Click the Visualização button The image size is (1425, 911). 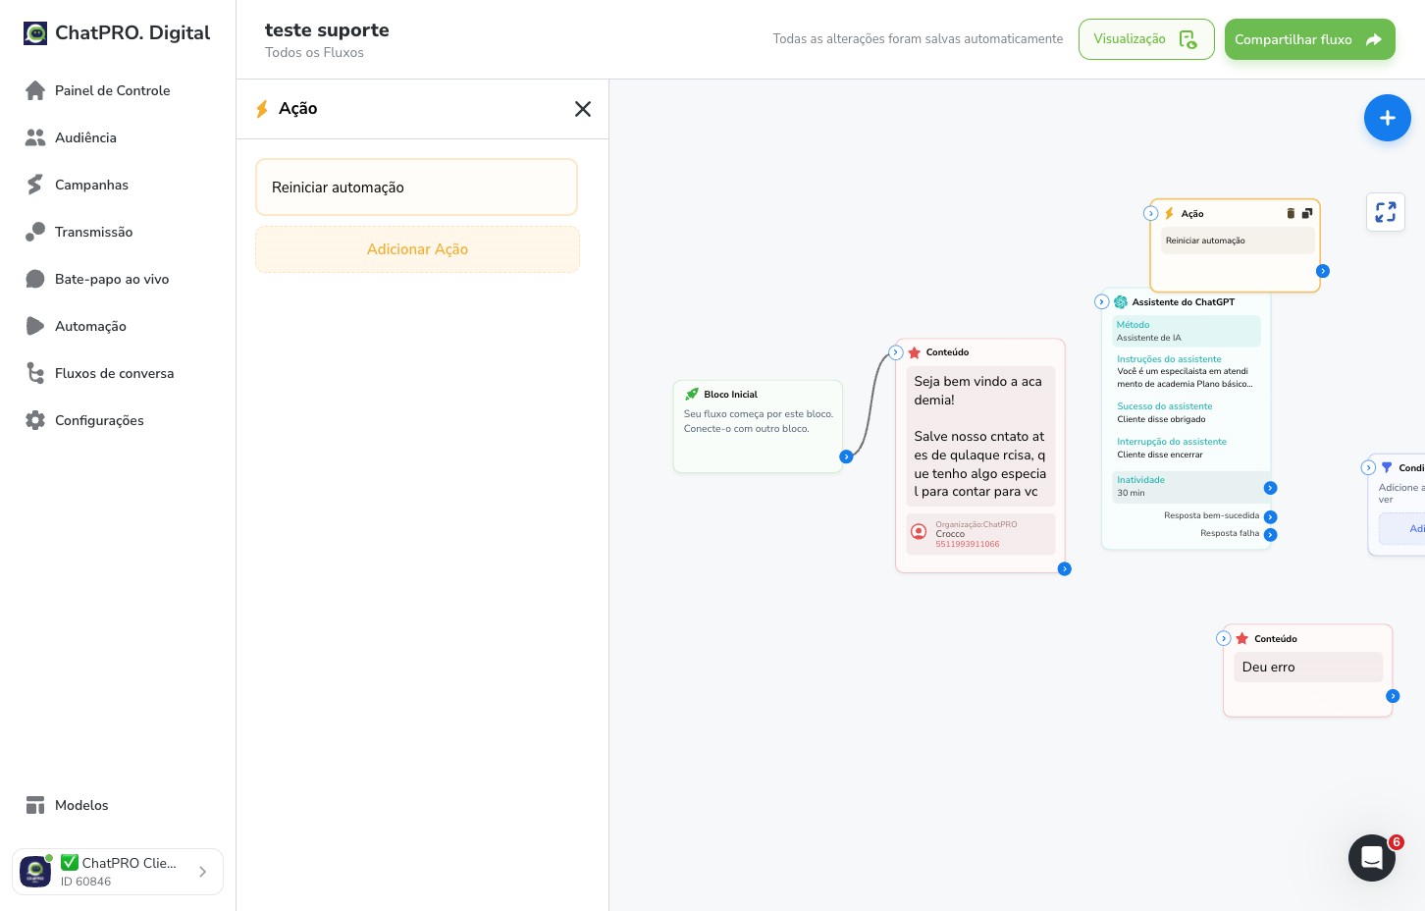(x=1145, y=39)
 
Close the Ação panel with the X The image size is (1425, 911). (x=582, y=109)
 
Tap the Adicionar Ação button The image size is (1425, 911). (x=417, y=249)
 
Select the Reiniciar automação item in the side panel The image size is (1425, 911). (x=417, y=188)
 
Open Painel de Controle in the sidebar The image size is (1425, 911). (x=112, y=90)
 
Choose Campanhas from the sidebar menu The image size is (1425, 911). (x=91, y=185)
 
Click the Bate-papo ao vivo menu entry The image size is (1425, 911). (x=111, y=279)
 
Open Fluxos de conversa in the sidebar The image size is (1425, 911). (x=114, y=373)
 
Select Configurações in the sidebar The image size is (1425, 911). (x=98, y=420)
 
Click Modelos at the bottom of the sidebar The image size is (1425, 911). (x=80, y=805)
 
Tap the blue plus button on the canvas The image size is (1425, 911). (x=1387, y=118)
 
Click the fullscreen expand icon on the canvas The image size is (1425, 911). (x=1385, y=212)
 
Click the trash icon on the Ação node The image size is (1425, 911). (x=1291, y=213)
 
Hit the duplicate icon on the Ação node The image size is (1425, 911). (x=1306, y=213)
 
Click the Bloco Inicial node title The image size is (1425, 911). (x=730, y=395)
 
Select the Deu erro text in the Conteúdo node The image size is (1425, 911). (x=1268, y=667)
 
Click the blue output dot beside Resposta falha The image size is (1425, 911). (x=1270, y=534)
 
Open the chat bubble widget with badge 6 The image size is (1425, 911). (x=1372, y=858)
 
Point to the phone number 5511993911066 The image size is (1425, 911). (x=967, y=544)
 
